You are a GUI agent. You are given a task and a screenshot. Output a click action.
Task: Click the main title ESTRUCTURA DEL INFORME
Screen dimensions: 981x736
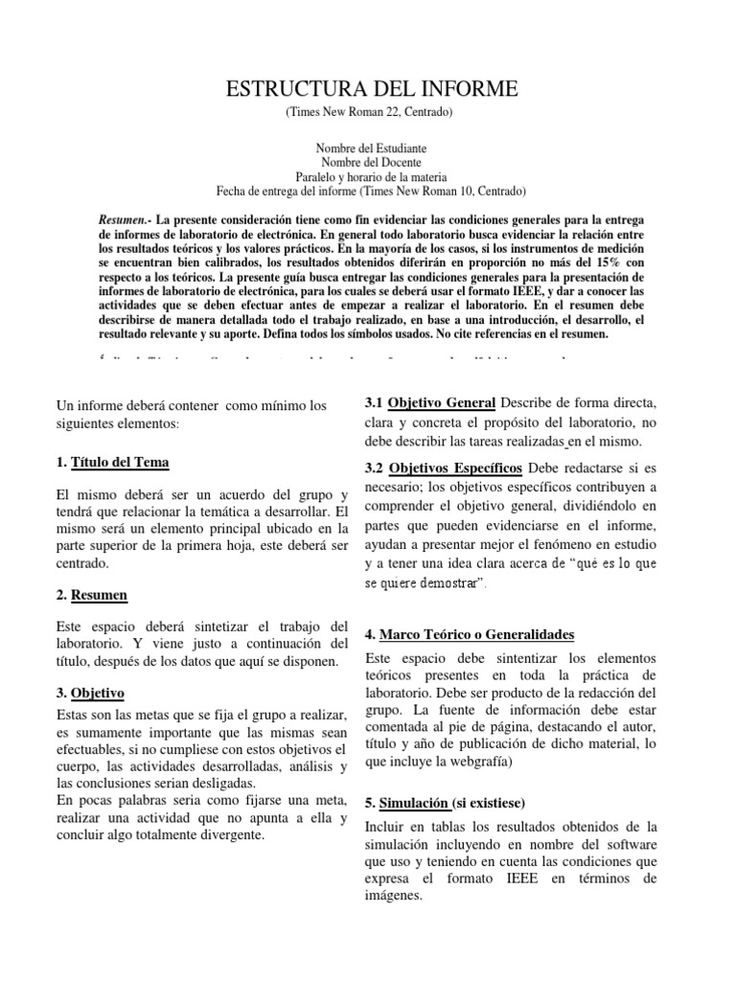pos(371,90)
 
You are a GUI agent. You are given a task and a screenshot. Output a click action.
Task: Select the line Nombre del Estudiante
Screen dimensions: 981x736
pos(371,149)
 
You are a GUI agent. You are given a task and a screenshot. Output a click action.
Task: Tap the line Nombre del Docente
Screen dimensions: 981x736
pos(371,163)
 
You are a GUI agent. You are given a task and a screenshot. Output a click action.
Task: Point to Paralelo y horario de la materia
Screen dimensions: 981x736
pos(371,176)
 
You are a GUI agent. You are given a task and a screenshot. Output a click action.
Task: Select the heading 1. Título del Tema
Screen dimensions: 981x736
pos(113,463)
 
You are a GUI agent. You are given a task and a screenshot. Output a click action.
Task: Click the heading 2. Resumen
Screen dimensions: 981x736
pos(92,595)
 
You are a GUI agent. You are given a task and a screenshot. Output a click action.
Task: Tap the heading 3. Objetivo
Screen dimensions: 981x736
pos(90,693)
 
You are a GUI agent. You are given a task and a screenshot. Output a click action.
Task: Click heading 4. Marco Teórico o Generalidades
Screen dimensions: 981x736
pos(470,635)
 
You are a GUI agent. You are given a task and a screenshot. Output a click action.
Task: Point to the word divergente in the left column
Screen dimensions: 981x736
pos(230,835)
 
